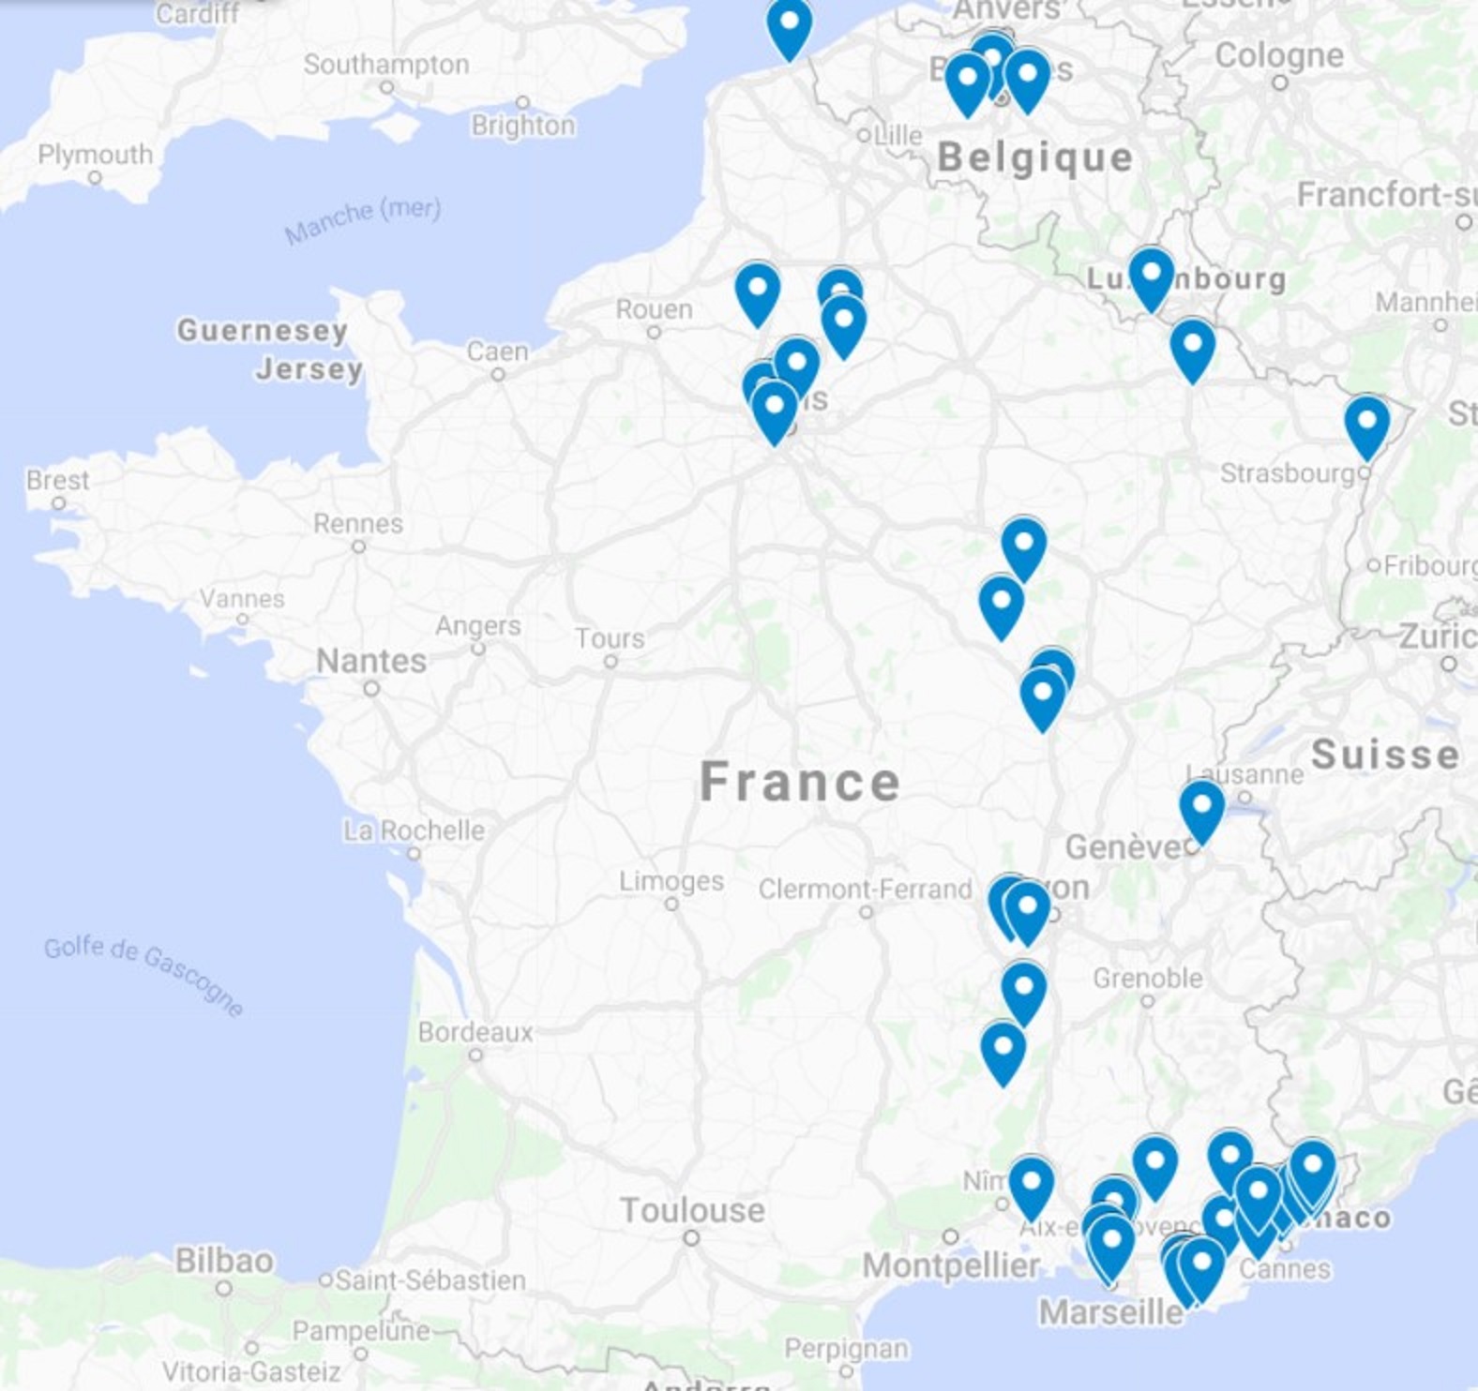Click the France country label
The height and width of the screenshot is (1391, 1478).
coord(800,782)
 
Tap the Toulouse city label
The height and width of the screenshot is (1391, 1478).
coord(692,1210)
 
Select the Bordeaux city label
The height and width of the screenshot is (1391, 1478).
coord(475,1032)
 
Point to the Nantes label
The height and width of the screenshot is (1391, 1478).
coord(371,661)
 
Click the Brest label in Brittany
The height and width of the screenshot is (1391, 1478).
coord(58,481)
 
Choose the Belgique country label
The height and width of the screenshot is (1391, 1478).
coord(1035,157)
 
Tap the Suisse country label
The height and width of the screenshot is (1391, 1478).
coord(1384,754)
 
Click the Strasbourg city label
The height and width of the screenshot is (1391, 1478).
coord(1288,473)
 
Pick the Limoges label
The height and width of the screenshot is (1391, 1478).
coord(671,881)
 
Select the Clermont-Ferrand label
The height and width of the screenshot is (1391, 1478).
coord(865,889)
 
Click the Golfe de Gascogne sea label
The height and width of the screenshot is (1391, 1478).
coord(144,975)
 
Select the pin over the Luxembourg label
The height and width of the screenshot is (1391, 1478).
coord(1151,277)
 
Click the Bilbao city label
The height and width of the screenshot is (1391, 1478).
coord(224,1261)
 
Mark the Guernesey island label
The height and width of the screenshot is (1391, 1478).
coord(263,330)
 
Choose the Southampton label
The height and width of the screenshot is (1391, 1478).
coord(386,65)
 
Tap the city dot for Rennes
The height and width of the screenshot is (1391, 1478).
coord(358,546)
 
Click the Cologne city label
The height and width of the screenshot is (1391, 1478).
coord(1279,55)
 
